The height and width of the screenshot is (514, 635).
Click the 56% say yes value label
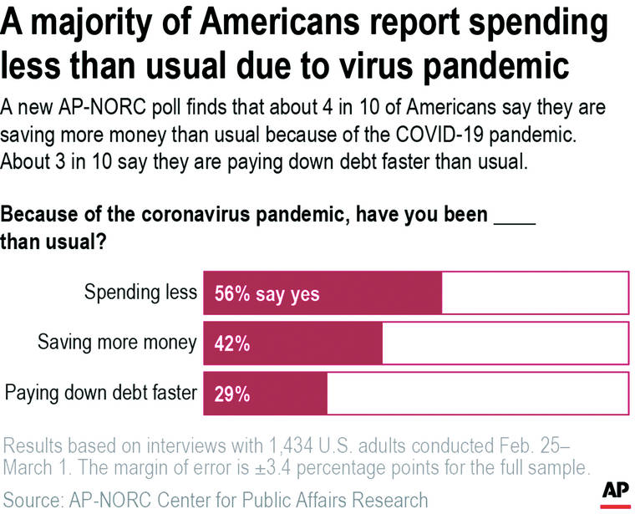click(x=267, y=294)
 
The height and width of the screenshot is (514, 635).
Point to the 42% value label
click(x=232, y=343)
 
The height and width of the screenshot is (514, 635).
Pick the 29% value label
click(x=232, y=392)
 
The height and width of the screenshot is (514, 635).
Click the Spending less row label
click(x=140, y=293)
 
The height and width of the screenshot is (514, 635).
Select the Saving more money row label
click(x=117, y=342)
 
